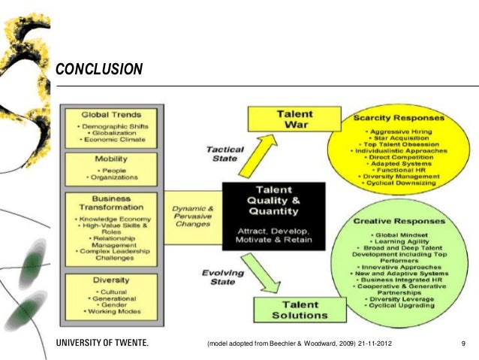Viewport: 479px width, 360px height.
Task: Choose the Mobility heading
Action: (110, 160)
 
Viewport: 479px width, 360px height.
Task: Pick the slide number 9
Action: (464, 343)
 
